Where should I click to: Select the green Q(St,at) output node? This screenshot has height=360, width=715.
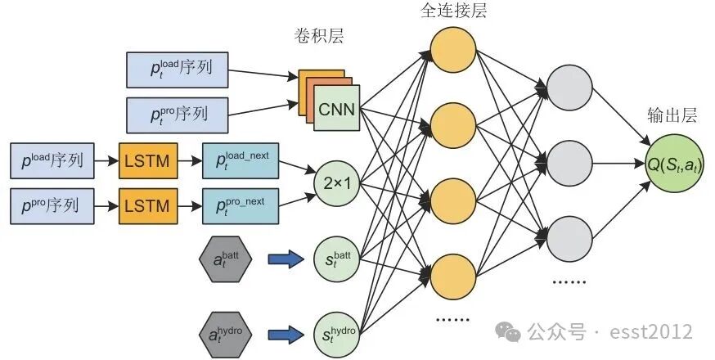pyautogui.click(x=675, y=166)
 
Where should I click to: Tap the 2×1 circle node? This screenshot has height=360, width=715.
pyautogui.click(x=336, y=185)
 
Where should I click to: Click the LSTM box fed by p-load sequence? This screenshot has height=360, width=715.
pyautogui.click(x=147, y=160)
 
